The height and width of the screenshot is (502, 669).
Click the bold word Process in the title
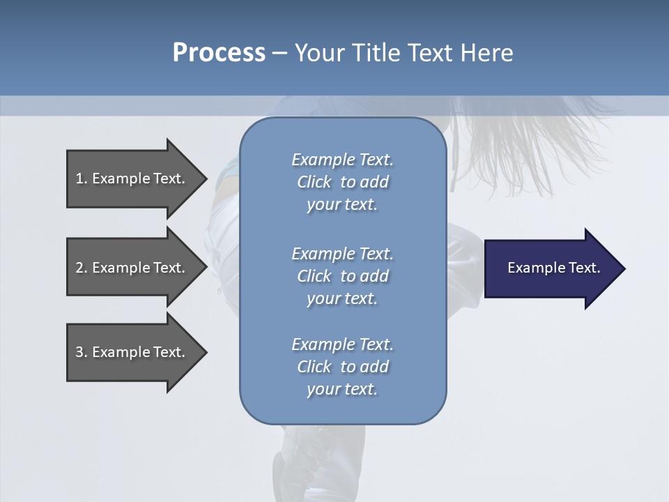[219, 52]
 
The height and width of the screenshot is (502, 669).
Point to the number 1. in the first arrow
[82, 178]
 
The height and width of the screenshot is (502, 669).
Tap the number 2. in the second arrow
[82, 268]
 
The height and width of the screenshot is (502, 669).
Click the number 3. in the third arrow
[82, 352]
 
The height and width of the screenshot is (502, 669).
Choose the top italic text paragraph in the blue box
[342, 182]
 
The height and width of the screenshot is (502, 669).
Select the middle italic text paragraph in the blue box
[342, 276]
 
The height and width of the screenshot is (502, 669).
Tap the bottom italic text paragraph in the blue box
[342, 367]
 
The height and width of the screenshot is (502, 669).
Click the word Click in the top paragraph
[314, 182]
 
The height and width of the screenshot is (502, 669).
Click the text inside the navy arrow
[553, 268]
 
